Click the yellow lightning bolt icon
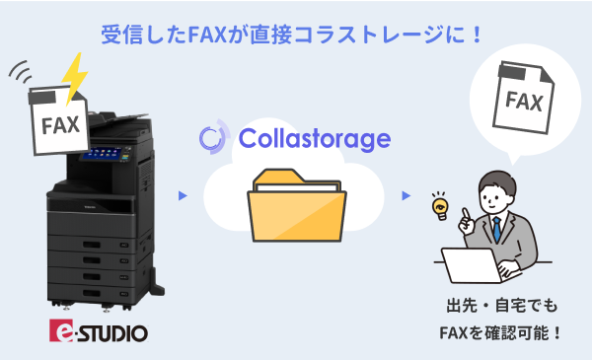(x=72, y=77)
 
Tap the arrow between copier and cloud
(x=183, y=195)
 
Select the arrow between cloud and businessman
(x=406, y=195)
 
